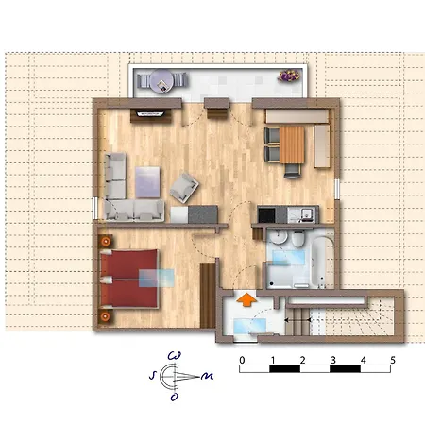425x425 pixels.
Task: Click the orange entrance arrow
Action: coord(246,299)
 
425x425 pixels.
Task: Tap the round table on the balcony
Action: coord(161,81)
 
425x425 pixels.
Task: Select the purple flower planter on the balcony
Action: coord(288,76)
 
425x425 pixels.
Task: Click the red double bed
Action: coord(129,279)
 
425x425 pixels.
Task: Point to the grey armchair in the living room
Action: coord(184,188)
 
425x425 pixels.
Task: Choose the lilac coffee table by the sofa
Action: coord(147,182)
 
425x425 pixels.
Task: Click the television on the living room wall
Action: coord(150,113)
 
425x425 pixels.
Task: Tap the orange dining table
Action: coord(292,144)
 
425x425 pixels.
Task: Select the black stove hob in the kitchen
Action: coord(266,215)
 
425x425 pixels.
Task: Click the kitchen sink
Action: coord(307,214)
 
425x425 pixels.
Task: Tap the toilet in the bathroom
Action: coord(297,240)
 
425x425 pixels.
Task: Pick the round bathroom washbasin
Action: coord(279,237)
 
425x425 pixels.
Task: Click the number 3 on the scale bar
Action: coord(333,360)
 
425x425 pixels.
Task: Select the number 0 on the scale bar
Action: coord(242,360)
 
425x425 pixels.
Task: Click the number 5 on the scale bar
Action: coord(393,360)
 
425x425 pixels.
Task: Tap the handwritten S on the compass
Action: coord(153,375)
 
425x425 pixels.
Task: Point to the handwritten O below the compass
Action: coord(174,398)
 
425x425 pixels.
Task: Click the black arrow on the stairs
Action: coord(297,320)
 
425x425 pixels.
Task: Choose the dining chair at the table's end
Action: coord(292,171)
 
